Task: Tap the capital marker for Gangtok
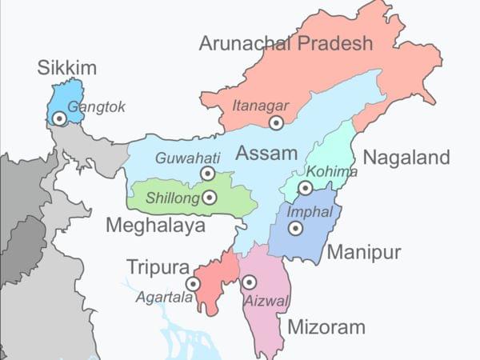coord(58,118)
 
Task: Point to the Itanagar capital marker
coord(276,122)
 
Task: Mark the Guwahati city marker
coord(208,173)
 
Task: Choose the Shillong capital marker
coord(210,197)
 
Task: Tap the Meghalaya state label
coord(157,226)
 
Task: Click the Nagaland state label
coord(406,158)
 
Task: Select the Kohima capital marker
coord(305,188)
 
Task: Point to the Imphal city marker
coord(295,228)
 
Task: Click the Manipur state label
coord(363,253)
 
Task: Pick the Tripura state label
coord(158,266)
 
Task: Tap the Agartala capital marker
coord(193,283)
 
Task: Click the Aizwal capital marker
coord(249,282)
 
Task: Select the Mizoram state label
coord(326,326)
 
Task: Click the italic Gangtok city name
coord(97,106)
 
